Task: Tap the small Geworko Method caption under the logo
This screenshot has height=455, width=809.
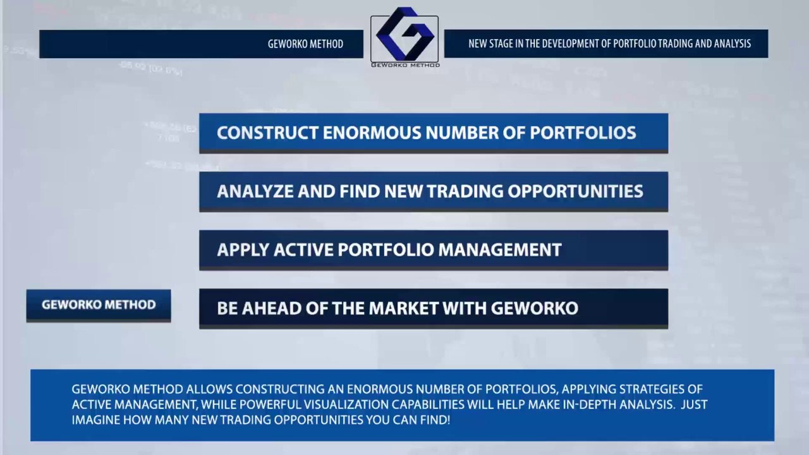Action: coord(404,64)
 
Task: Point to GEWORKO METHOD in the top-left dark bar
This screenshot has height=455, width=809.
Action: coord(305,44)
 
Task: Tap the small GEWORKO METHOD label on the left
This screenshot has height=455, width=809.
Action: coord(99,305)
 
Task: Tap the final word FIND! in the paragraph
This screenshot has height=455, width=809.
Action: coord(435,420)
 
